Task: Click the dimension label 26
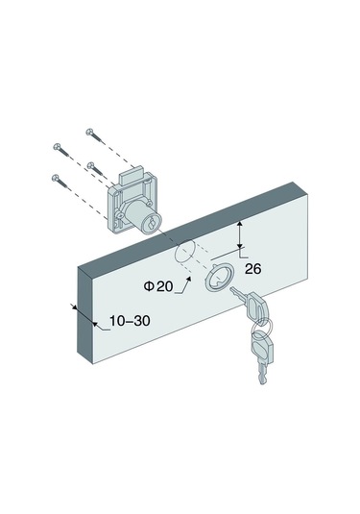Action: pos(253,269)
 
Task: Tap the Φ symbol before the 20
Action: pos(149,286)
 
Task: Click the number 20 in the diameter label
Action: pos(164,286)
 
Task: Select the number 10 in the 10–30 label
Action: pos(116,321)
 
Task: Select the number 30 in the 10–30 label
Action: pos(142,321)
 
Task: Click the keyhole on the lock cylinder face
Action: pos(152,225)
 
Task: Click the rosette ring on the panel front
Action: pos(220,278)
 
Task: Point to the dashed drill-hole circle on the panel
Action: pos(184,252)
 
